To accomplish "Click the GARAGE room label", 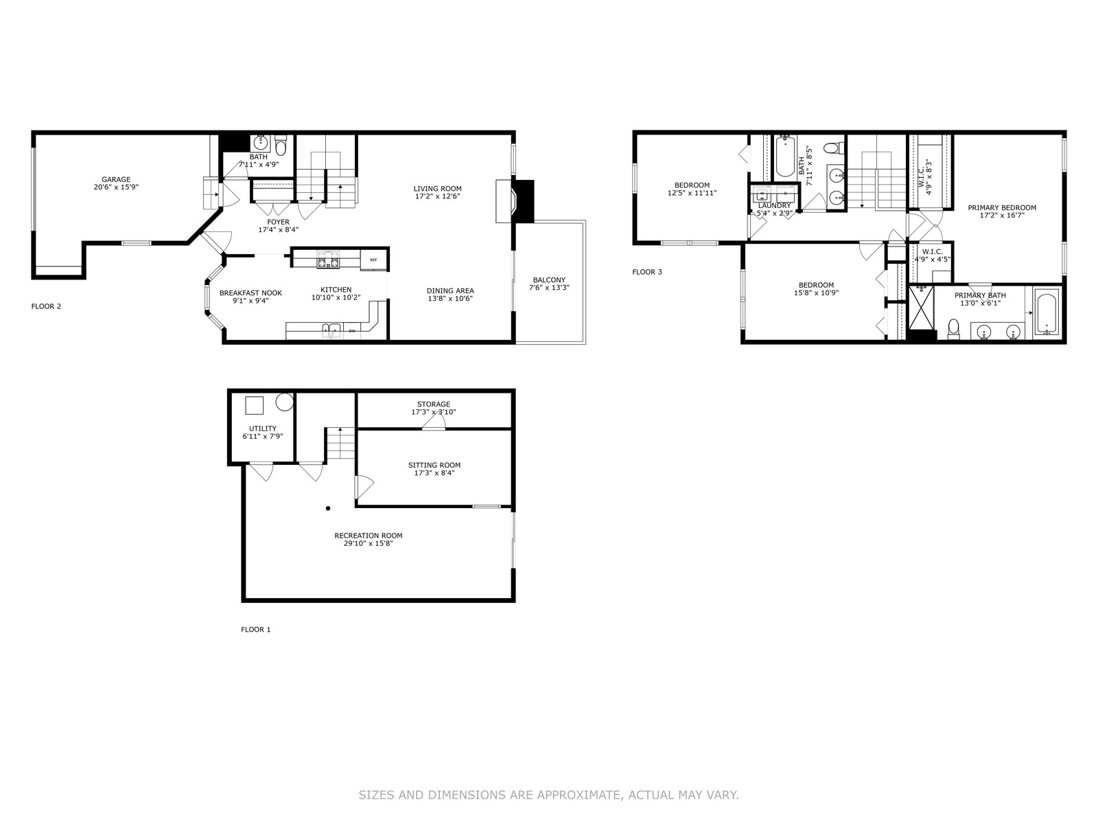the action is point(116,179).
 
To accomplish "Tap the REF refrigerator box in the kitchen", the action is point(374,260).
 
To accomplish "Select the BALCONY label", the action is point(549,279).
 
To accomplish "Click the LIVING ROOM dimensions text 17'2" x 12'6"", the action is point(437,196).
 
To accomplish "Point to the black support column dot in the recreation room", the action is point(328,508).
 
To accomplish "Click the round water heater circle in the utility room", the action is point(285,402).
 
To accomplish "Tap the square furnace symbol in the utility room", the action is point(254,405).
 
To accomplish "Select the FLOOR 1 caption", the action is point(255,630).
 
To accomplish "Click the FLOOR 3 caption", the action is point(647,272).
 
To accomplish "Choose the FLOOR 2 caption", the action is point(46,306).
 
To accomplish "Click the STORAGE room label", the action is point(434,404).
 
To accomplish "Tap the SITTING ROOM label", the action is point(434,465).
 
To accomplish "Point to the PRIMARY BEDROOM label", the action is point(1002,207).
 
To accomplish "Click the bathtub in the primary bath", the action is point(1046,314).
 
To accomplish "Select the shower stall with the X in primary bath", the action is point(922,308).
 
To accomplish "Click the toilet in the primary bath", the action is point(953,329).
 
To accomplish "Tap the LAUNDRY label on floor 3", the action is point(774,205).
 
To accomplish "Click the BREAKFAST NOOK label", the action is point(250,293).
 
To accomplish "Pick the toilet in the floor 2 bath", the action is point(281,146).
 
